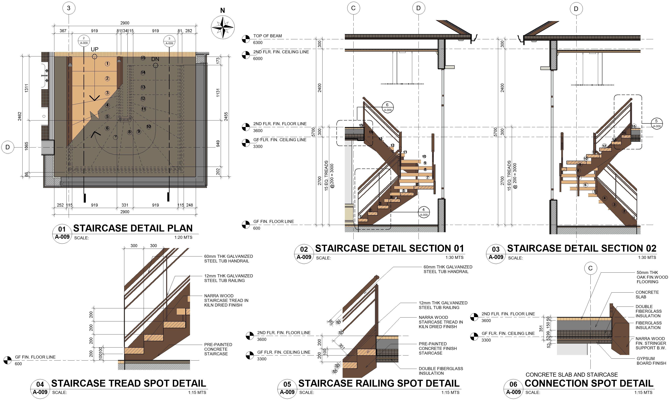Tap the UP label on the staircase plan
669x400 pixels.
pos(95,49)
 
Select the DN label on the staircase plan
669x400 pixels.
pos(155,59)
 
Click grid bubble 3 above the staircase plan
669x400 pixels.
pos(69,8)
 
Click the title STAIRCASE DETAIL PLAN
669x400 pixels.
pos(133,228)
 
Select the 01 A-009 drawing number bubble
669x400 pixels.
pos(62,233)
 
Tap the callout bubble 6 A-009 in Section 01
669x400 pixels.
pos(387,107)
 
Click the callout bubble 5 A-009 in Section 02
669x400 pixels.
pos(656,123)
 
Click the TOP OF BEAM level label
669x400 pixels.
pos(267,36)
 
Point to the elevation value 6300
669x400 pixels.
pos(258,43)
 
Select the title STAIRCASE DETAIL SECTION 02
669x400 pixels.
pos(582,248)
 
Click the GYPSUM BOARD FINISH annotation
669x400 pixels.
pos(651,361)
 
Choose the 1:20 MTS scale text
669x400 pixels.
pos(183,237)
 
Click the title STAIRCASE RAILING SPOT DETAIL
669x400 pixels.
pos(379,383)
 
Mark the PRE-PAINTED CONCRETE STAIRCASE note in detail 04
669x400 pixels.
pos(218,349)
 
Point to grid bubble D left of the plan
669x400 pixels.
pos(8,147)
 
